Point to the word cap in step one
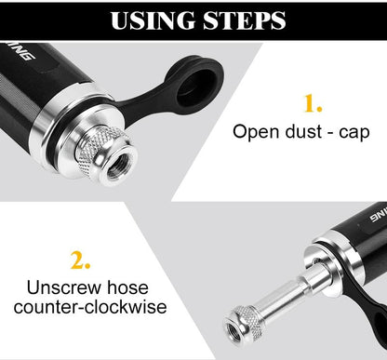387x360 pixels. tap(352, 132)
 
